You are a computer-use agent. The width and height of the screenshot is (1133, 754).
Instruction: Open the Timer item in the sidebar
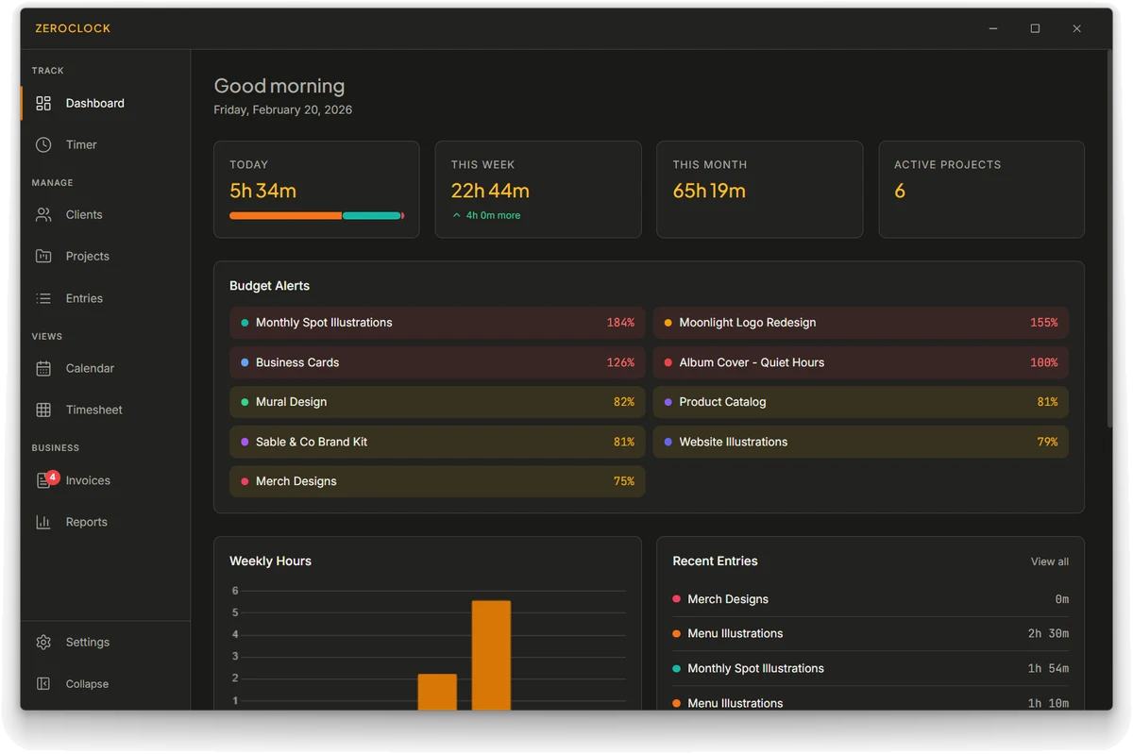pos(81,144)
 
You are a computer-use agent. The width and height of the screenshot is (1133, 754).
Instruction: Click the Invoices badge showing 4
pos(53,477)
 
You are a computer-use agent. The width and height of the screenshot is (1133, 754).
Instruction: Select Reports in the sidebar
pos(87,522)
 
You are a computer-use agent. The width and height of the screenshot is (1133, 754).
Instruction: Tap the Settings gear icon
pos(43,642)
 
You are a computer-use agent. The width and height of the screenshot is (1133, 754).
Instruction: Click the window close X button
pos(1077,29)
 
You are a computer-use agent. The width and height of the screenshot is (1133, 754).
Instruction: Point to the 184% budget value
pos(620,323)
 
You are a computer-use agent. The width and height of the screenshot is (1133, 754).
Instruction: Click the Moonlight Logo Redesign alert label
pos(747,323)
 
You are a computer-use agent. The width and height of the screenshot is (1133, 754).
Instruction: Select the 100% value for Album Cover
pos(1044,362)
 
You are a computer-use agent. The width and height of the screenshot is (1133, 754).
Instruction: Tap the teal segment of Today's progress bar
pos(372,216)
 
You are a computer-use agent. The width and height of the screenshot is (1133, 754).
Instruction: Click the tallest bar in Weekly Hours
pos(491,655)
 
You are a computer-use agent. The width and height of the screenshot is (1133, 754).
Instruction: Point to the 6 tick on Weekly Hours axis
pos(235,590)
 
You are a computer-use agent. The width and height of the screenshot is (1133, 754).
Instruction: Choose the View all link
pos(1050,561)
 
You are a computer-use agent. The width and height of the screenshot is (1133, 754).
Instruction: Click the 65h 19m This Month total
pos(709,191)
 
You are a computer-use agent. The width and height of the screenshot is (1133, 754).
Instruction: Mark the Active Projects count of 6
pos(900,191)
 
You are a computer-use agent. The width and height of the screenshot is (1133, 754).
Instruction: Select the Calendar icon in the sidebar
pos(43,368)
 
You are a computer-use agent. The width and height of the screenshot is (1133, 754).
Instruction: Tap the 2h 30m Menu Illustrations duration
pos(1048,633)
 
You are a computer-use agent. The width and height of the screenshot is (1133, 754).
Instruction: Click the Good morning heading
pos(279,86)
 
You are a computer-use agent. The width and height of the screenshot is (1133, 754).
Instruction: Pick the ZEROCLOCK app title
pos(73,28)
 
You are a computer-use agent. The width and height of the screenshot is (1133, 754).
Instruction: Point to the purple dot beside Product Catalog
pos(668,402)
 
